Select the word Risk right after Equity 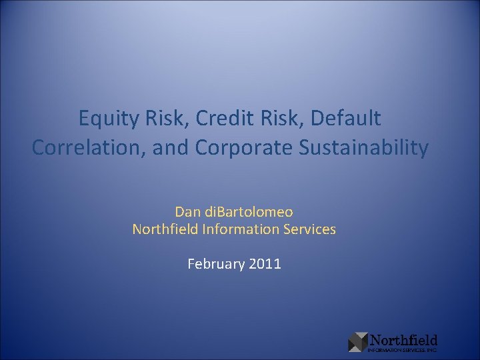click(157, 119)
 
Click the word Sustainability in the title click(364, 147)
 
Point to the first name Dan click(187, 212)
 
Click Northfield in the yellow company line click(162, 229)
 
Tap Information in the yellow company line click(239, 229)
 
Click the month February click(217, 264)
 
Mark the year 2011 click(265, 264)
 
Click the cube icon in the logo click(358, 341)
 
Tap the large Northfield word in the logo click(403, 340)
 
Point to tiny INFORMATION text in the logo click(383, 349)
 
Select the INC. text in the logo click(431, 349)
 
